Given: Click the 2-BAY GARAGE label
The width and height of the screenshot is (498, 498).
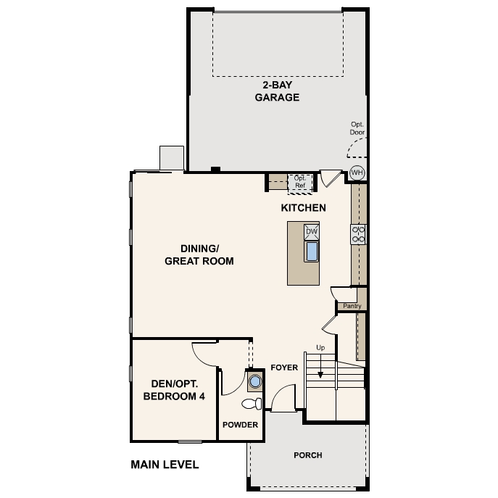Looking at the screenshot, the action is click(277, 91).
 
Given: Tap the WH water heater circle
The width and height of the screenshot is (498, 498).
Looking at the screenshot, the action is click(357, 173).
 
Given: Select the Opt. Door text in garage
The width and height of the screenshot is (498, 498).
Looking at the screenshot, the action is click(357, 128).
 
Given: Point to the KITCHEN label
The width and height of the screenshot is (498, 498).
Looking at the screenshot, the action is click(303, 208).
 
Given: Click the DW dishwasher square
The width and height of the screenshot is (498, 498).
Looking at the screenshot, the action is click(311, 232).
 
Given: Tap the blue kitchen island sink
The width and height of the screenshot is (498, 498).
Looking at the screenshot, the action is click(312, 252).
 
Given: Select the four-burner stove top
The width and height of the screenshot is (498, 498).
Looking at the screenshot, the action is click(358, 234).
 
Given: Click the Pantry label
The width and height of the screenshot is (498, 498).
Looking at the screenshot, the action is click(352, 306).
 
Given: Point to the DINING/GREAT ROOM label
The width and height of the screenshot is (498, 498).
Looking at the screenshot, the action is click(199, 254).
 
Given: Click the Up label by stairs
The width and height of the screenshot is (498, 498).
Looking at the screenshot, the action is click(320, 348).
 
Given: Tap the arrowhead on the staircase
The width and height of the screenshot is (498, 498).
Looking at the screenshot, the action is click(320, 375).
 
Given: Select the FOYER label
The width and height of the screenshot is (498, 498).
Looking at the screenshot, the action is click(284, 368).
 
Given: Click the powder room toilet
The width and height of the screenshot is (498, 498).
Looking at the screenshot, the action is click(252, 404).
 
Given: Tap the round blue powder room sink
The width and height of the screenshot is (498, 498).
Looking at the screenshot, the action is click(255, 381).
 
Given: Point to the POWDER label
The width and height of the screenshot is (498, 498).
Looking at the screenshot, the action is click(240, 425).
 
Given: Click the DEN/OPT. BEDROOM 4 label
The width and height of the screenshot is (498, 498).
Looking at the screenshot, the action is click(174, 390).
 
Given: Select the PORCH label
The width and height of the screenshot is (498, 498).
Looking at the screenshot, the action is click(308, 455).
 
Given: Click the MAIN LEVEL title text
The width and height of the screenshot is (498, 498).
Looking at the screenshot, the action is click(165, 465).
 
